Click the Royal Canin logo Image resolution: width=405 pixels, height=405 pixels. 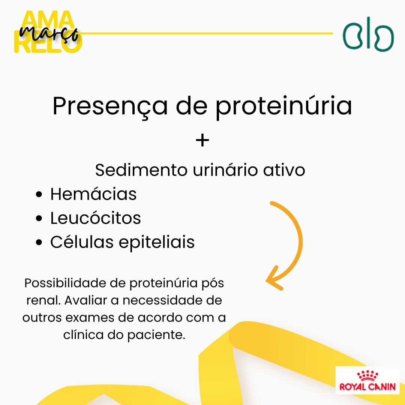pos(367,380)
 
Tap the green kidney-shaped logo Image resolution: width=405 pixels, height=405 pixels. pos(368,34)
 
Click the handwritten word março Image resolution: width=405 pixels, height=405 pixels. pos(49,34)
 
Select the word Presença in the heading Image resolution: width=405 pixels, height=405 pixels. pos(110,106)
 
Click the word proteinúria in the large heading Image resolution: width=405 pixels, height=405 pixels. pos(283,106)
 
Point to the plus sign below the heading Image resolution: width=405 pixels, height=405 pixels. pos(202,141)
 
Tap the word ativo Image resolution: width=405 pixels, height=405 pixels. pos(284,170)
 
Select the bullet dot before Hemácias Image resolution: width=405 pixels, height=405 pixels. pos(39,194)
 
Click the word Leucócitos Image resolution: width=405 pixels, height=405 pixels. pos(96,218)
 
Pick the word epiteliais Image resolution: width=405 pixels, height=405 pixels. pos(156,242)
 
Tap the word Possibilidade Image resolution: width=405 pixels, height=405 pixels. pos(65,283)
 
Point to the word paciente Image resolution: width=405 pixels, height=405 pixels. pos(156,335)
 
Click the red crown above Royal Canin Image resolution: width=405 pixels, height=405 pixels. pos(367,376)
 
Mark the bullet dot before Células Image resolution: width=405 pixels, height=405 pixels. pos(39,242)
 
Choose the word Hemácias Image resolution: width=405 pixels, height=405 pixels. pos(93,194)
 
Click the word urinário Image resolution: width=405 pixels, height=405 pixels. pos(225,170)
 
